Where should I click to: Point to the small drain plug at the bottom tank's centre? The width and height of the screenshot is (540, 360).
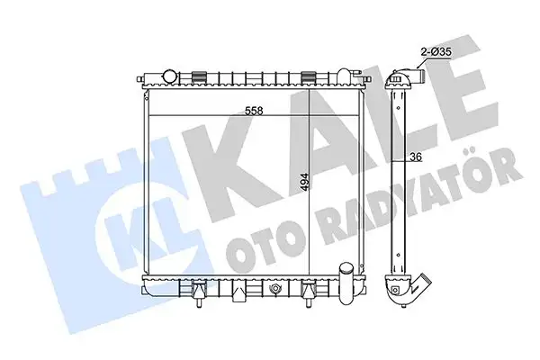[272, 292]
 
